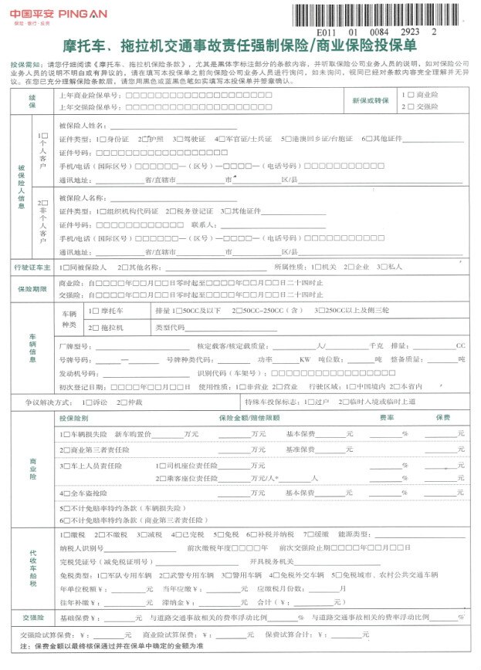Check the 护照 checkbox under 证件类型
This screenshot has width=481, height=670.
pyautogui.click(x=144, y=139)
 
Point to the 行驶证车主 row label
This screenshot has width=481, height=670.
pyautogui.click(x=32, y=267)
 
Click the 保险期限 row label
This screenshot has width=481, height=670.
pyautogui.click(x=32, y=288)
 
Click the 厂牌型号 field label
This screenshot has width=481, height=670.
pyautogui.click(x=74, y=346)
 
